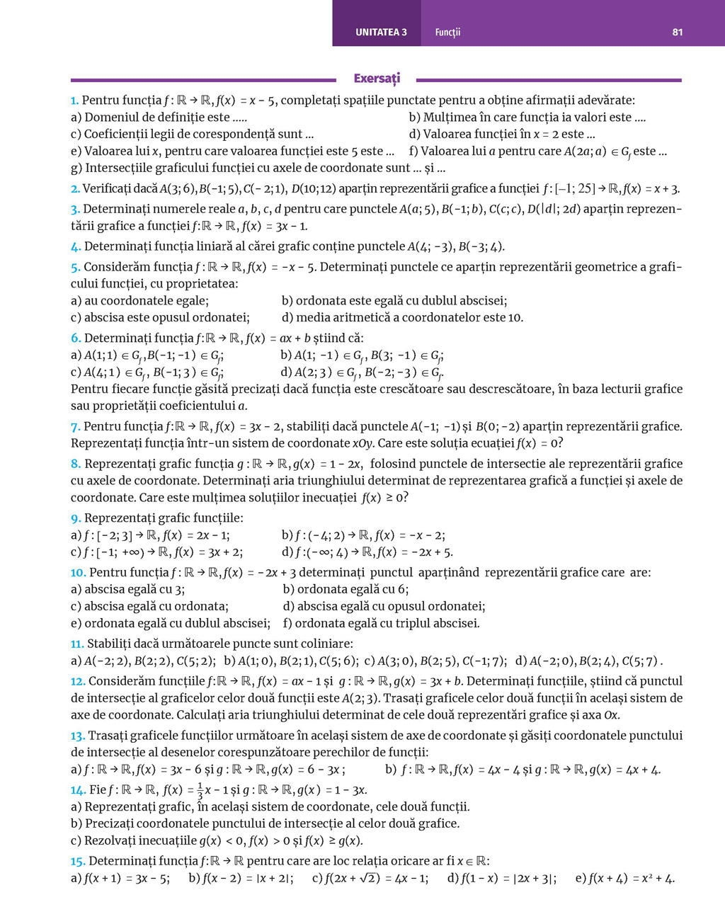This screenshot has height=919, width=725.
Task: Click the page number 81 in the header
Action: (x=678, y=32)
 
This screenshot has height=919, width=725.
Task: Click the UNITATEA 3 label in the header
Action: (x=381, y=32)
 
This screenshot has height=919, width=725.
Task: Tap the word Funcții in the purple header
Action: (x=447, y=32)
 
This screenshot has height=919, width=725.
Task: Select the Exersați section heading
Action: (x=377, y=79)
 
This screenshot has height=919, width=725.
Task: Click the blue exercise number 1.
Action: (x=74, y=101)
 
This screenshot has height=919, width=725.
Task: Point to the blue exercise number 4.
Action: (x=76, y=246)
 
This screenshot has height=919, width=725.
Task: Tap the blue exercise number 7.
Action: (x=75, y=426)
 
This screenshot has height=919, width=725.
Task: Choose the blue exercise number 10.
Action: (x=78, y=572)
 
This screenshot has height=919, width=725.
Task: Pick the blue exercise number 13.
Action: (x=78, y=736)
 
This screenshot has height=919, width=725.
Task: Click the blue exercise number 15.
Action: (x=78, y=861)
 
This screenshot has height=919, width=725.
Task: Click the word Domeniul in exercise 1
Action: (x=108, y=118)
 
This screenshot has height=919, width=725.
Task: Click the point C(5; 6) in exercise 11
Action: (x=338, y=661)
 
